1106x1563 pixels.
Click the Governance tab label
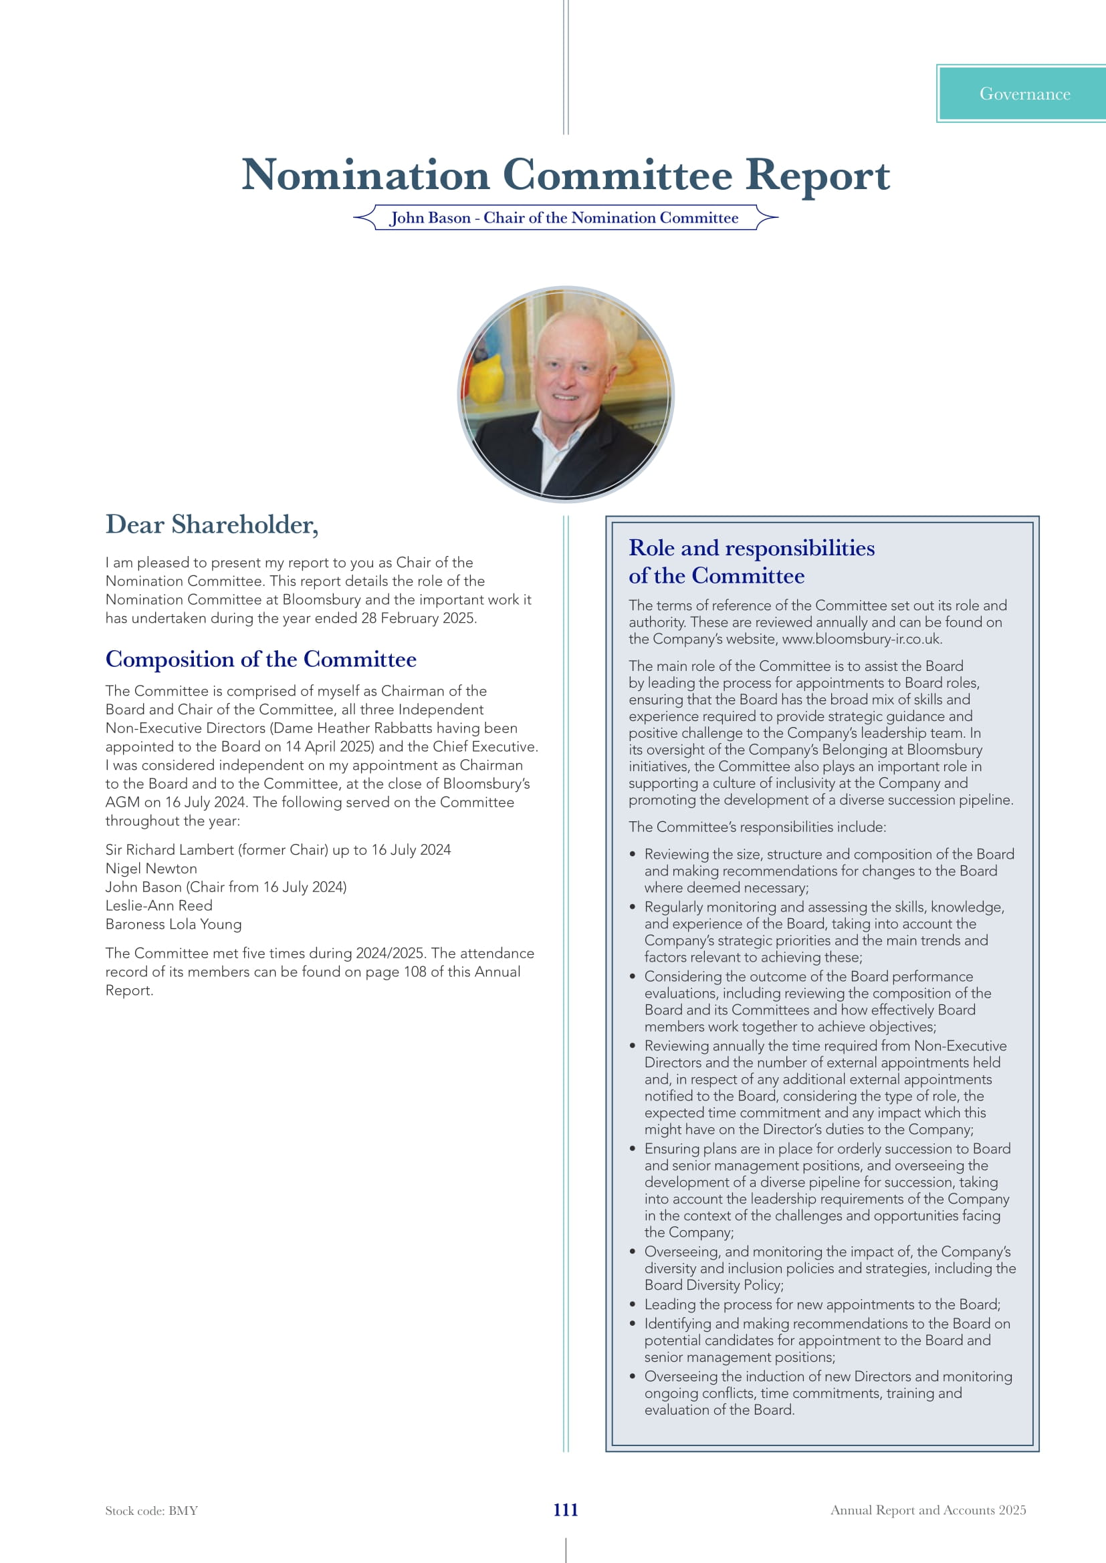(1024, 94)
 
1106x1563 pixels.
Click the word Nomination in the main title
(366, 175)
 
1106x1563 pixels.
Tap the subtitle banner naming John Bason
(564, 218)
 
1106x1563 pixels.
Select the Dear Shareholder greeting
(212, 524)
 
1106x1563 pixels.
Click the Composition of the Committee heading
(261, 659)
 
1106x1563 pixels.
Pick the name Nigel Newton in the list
(151, 869)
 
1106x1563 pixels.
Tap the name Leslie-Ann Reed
(158, 905)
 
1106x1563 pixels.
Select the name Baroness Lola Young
(174, 923)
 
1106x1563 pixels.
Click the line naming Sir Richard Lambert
(278, 849)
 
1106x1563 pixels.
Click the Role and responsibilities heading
(751, 561)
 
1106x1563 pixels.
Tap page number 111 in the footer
(565, 1510)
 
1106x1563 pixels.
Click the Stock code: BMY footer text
(151, 1511)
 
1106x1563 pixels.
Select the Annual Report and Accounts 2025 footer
(927, 1510)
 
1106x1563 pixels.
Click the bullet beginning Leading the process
(822, 1304)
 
